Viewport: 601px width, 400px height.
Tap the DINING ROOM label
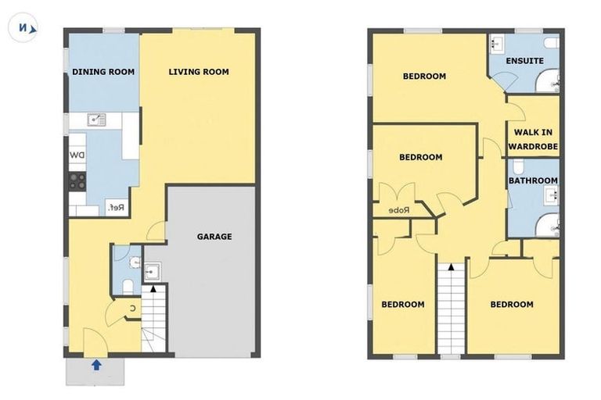point(103,72)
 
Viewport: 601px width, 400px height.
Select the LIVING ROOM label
point(199,72)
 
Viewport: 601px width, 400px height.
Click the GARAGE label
point(214,237)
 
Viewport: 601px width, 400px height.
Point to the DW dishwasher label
point(77,155)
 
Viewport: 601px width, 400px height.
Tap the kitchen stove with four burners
point(77,182)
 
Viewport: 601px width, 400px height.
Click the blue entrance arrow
point(96,363)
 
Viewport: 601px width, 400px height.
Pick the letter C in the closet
point(132,308)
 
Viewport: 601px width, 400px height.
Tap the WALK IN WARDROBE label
point(533,138)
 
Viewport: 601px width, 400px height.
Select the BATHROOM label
point(533,180)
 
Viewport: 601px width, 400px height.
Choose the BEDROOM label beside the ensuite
point(424,77)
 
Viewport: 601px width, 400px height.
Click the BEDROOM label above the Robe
point(420,157)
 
